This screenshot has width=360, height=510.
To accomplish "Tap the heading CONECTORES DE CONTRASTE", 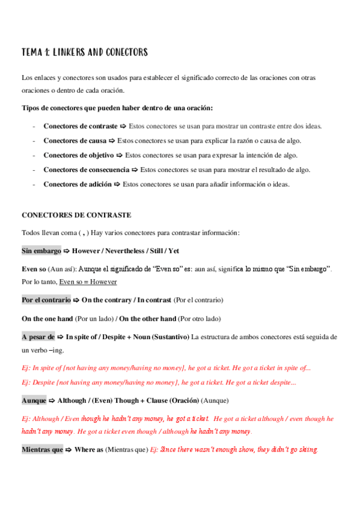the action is [x=76, y=215].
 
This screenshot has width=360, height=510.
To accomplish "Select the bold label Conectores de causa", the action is [x=75, y=141].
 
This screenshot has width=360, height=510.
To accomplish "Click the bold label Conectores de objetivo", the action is [x=79, y=155].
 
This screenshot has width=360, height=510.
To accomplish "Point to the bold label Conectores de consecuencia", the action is [x=86, y=170].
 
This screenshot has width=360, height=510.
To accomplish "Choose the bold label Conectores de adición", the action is [x=78, y=185].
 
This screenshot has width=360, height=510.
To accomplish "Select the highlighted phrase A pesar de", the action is [x=38, y=337].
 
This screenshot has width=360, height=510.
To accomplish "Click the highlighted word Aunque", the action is [x=34, y=400].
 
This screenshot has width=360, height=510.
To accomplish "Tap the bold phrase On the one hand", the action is [x=47, y=318].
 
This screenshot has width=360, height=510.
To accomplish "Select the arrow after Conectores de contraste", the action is [x=123, y=126].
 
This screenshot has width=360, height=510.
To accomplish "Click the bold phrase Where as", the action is [x=89, y=449].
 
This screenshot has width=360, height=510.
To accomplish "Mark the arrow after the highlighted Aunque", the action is [x=51, y=400].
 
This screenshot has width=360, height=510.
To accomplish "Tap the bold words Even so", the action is [x=34, y=269].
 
